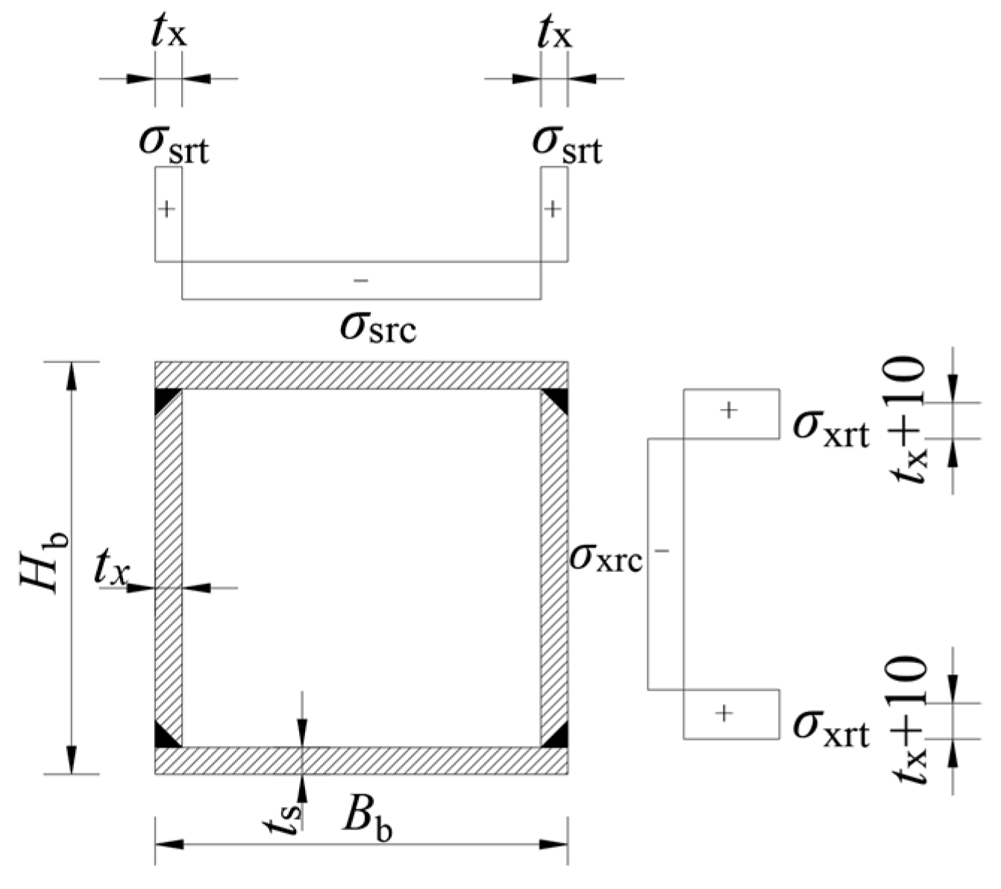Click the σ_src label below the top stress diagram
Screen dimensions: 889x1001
pos(377,327)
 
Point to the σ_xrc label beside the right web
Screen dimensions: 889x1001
pos(605,556)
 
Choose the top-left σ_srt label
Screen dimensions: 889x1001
pos(174,143)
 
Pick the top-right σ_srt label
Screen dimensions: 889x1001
pos(567,143)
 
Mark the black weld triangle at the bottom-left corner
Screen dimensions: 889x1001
pos(164,737)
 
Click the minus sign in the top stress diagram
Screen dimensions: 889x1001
pos(361,281)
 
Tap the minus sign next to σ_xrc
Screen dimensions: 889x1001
pos(662,552)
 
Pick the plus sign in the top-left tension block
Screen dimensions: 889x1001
pos(168,209)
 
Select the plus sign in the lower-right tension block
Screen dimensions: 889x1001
pos(724,714)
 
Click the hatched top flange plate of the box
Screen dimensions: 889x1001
pos(361,375)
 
